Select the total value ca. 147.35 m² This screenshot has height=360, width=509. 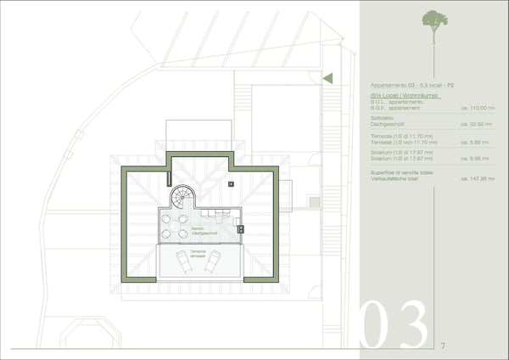476,179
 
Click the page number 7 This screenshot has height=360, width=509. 443,346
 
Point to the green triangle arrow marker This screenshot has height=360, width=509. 328,78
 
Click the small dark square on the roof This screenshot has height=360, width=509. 230,183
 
